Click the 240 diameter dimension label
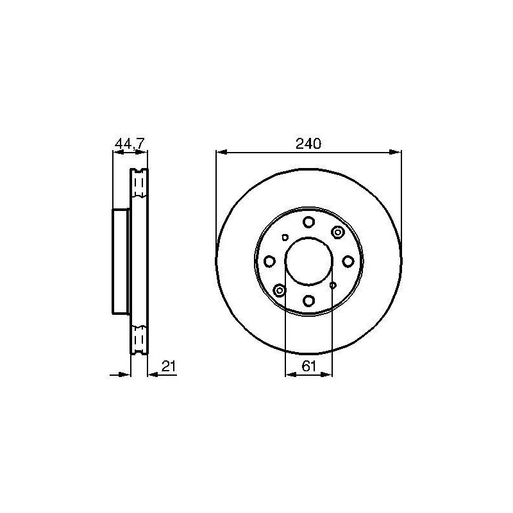(x=308, y=144)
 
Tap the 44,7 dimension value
(x=130, y=144)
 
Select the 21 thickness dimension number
(x=169, y=366)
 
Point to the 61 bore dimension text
(x=309, y=366)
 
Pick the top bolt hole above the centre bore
(x=308, y=222)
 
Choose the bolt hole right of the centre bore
(x=348, y=261)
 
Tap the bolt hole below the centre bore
(x=308, y=300)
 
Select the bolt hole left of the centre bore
(x=269, y=261)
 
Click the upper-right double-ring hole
(x=338, y=232)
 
